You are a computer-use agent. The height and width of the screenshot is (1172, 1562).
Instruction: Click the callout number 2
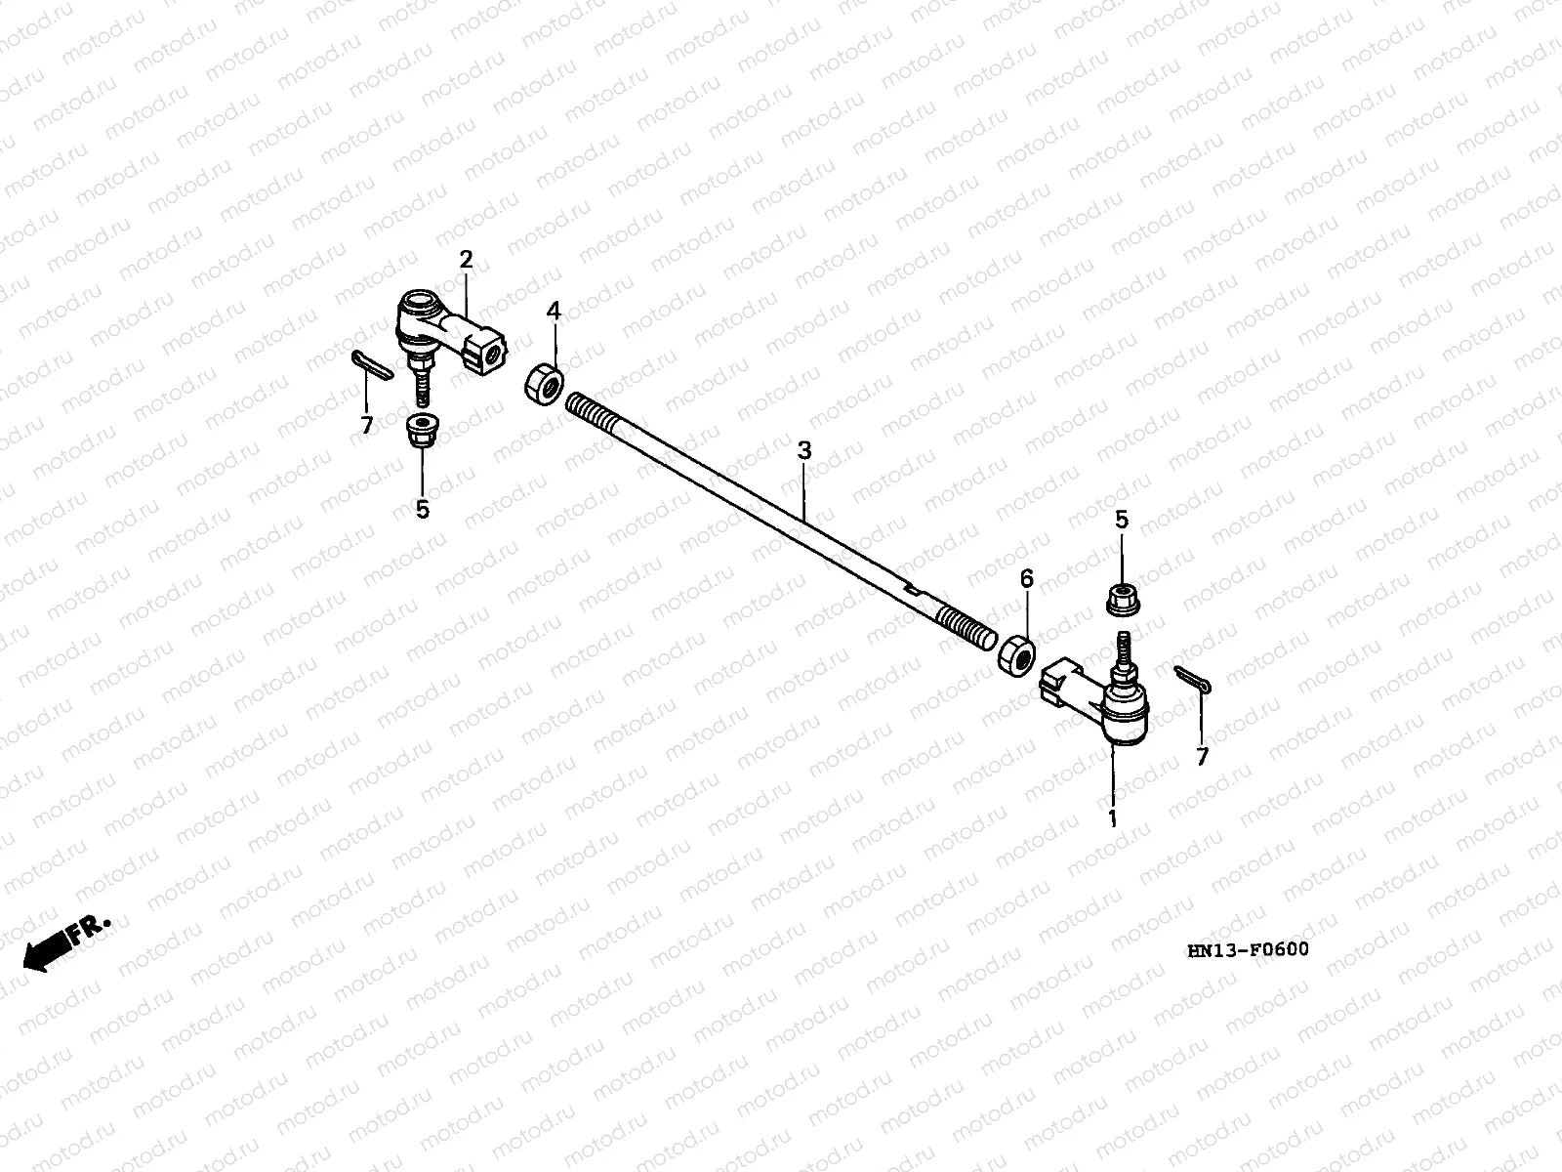(x=466, y=260)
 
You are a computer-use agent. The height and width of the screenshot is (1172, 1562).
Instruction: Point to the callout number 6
(x=1026, y=579)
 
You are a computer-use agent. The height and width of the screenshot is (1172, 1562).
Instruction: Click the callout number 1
(x=1111, y=818)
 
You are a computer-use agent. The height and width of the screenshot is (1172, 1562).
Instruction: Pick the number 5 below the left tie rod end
(x=422, y=509)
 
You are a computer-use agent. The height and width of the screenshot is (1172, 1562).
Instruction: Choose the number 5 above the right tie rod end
(x=1122, y=520)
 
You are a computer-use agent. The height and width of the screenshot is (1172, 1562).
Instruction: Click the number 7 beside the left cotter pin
(x=367, y=425)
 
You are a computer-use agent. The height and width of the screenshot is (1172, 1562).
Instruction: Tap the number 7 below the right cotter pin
(x=1202, y=756)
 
